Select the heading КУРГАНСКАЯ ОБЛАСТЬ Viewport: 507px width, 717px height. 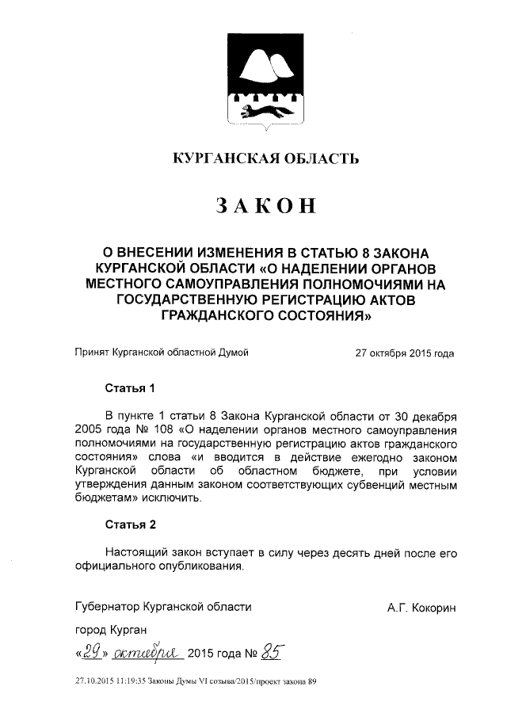coord(265,158)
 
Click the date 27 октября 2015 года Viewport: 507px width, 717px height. coord(405,353)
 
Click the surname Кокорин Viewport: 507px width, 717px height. coord(433,608)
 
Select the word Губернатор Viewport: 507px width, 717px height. coord(107,608)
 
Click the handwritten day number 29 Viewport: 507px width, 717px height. coord(93,652)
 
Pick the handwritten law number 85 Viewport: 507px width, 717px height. coord(274,652)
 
